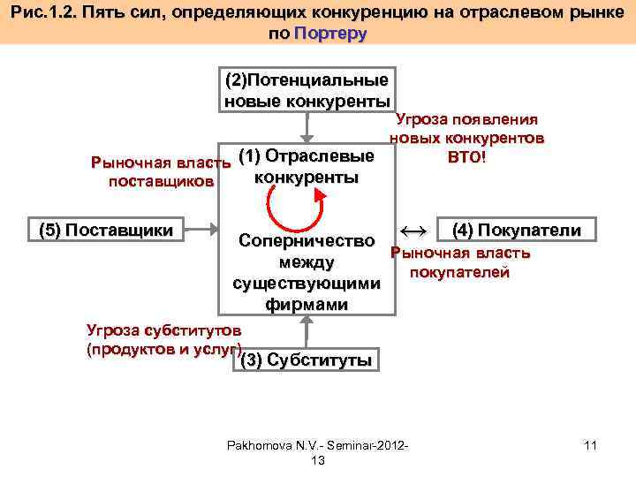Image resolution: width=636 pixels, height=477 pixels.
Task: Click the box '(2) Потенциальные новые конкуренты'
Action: pyautogui.click(x=307, y=88)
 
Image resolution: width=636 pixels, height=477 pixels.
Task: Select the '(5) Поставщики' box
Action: pyautogui.click(x=107, y=231)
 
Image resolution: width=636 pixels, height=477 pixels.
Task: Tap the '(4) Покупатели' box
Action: pyautogui.click(x=516, y=231)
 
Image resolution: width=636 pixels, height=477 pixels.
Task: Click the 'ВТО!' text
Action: pyautogui.click(x=466, y=156)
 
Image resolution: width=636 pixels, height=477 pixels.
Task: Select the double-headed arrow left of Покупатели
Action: pyautogui.click(x=413, y=231)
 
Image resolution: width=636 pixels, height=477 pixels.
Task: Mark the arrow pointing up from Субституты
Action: pyautogui.click(x=306, y=330)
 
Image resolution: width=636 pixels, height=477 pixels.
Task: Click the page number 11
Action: pyautogui.click(x=590, y=446)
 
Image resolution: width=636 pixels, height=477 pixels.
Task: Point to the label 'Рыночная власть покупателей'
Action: pyautogui.click(x=459, y=262)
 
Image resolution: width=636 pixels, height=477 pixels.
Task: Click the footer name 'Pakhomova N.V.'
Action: pyautogui.click(x=266, y=446)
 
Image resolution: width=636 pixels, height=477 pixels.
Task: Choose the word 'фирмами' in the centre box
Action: pyautogui.click(x=306, y=305)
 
